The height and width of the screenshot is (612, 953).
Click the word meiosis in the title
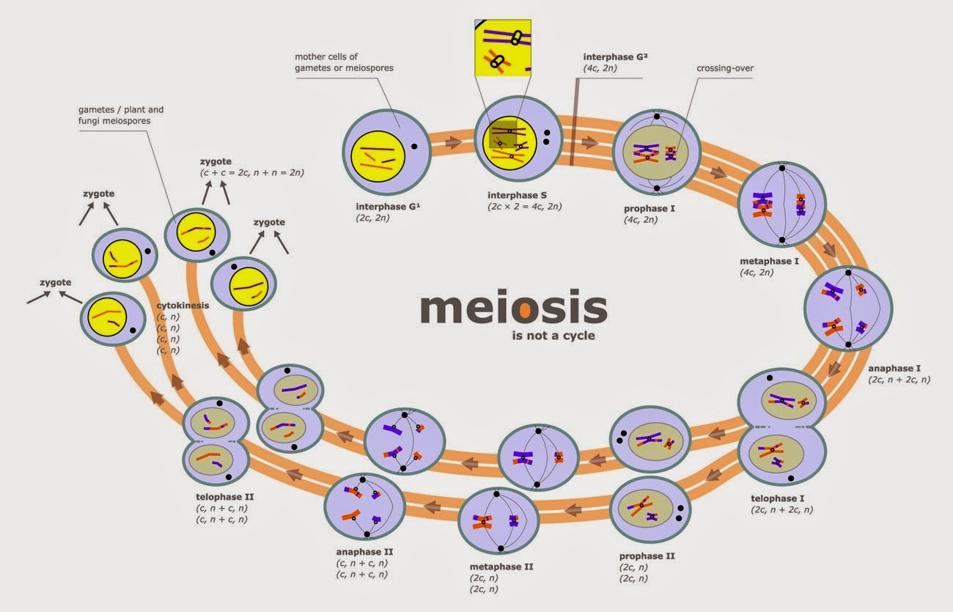point(513,309)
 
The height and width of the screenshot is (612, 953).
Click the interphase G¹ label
point(386,205)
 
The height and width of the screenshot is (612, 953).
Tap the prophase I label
point(650,208)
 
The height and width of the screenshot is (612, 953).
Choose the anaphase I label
point(894,368)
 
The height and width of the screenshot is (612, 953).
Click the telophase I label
point(779,498)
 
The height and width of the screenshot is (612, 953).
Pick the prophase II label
point(647,556)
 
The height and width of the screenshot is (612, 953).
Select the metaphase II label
point(501,567)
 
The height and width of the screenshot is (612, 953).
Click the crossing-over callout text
point(725,68)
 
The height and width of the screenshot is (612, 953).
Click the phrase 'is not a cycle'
point(553,336)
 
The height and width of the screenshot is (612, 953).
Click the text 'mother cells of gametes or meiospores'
point(344,62)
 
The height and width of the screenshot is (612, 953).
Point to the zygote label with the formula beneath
point(217,161)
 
